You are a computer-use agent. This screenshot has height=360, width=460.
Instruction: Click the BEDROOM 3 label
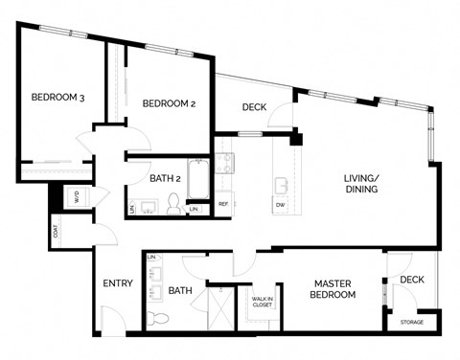pyautogui.click(x=57, y=96)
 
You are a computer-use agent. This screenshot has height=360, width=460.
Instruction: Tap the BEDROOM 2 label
pyautogui.click(x=169, y=103)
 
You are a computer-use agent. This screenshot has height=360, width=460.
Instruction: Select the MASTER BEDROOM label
pyautogui.click(x=334, y=288)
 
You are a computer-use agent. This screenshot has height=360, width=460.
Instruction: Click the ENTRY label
pyautogui.click(x=117, y=283)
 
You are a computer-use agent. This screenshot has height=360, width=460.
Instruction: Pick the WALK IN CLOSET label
pyautogui.click(x=263, y=304)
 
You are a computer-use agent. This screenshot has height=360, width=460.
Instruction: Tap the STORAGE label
pyautogui.click(x=411, y=323)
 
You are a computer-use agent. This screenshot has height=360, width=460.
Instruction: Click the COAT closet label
pyautogui.click(x=56, y=232)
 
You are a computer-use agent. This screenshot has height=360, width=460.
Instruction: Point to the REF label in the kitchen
pyautogui.click(x=222, y=204)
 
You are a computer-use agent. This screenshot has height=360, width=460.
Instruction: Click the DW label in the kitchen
pyautogui.click(x=279, y=204)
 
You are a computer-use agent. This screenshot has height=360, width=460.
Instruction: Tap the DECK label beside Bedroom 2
pyautogui.click(x=253, y=107)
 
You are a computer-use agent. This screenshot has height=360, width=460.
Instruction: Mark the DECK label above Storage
pyautogui.click(x=412, y=280)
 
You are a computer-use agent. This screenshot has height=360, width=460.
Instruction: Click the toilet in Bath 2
pyautogui.click(x=174, y=203)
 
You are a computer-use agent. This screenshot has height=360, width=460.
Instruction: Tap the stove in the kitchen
pyautogui.click(x=223, y=161)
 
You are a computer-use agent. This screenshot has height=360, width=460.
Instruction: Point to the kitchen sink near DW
pyautogui.click(x=282, y=183)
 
